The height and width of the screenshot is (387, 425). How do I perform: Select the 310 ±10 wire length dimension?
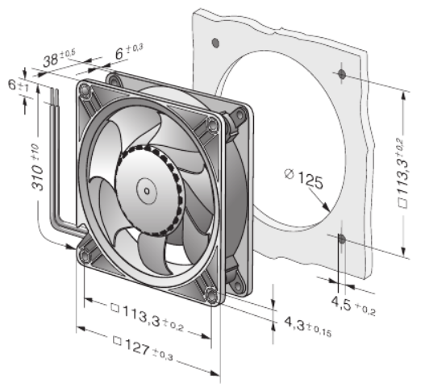pos(37,167)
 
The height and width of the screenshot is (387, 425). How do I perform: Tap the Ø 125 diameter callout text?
pos(304,179)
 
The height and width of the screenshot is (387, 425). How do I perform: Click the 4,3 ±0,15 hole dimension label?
pos(308,327)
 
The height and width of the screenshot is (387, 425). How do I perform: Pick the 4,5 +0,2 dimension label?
pos(353,306)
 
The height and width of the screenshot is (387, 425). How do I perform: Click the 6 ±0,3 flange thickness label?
pos(129,52)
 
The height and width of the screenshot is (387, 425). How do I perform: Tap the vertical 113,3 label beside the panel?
pos(402,173)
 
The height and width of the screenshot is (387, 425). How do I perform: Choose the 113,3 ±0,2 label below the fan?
pos(148,317)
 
